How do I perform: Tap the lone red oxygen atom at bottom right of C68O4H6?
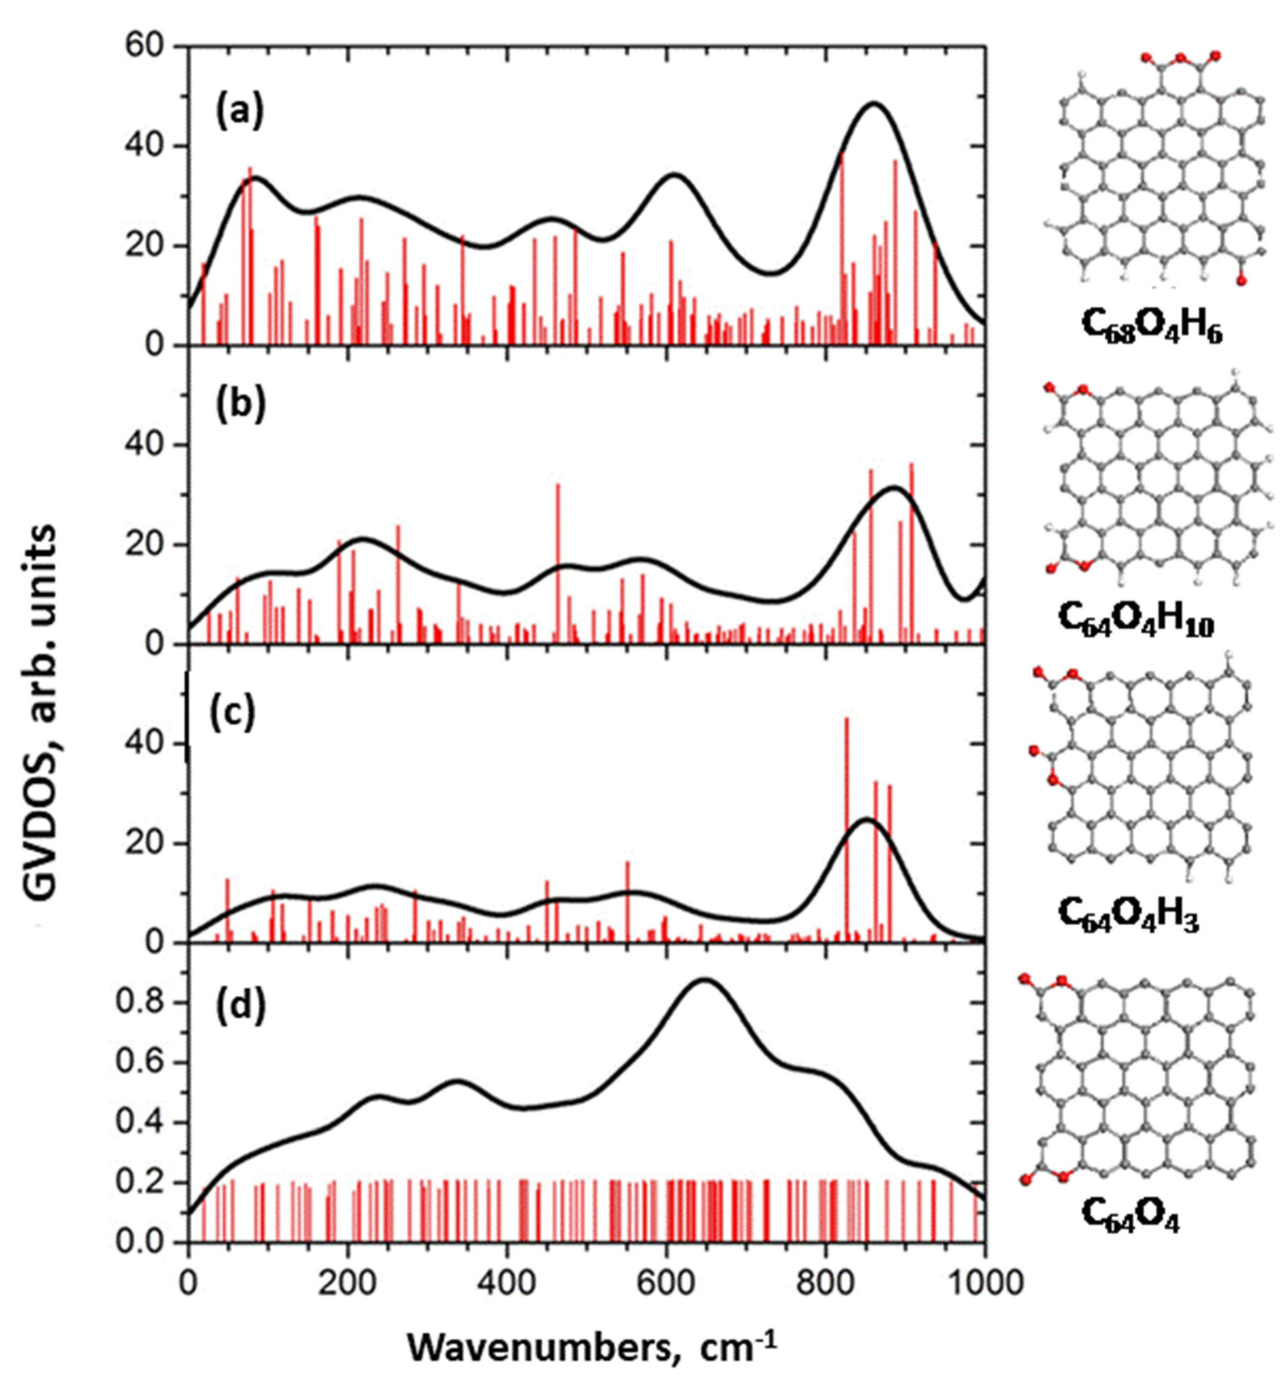(1241, 281)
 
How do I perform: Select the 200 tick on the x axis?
(347, 1286)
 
